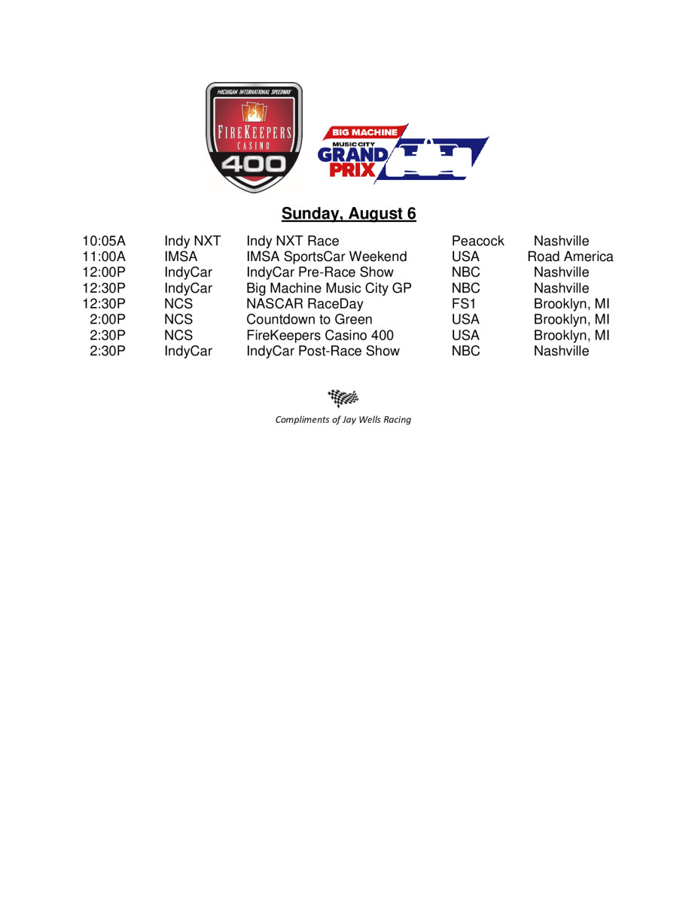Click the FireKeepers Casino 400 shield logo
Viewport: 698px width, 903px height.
[254, 137]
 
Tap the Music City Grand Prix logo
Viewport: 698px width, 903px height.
[403, 153]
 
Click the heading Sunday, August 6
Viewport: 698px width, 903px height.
[349, 214]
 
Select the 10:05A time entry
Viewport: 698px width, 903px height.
[104, 242]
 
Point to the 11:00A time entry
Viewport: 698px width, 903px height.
[104, 257]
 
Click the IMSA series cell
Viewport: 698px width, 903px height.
[181, 257]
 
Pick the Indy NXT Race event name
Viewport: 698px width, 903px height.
[293, 242]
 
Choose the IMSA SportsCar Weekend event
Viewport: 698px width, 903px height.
[327, 257]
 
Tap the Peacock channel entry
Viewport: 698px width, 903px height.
[478, 242]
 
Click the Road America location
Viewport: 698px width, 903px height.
[570, 257]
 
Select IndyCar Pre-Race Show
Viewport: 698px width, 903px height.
[320, 272]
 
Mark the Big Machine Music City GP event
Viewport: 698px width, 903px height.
[329, 288]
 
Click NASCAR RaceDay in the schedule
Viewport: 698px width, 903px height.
[305, 304]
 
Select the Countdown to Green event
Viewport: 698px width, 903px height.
[309, 320]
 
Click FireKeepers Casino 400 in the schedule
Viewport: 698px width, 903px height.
[320, 336]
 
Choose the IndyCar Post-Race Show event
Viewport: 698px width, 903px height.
[323, 351]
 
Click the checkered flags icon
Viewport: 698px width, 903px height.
[343, 397]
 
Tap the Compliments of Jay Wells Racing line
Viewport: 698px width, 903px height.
[343, 420]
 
